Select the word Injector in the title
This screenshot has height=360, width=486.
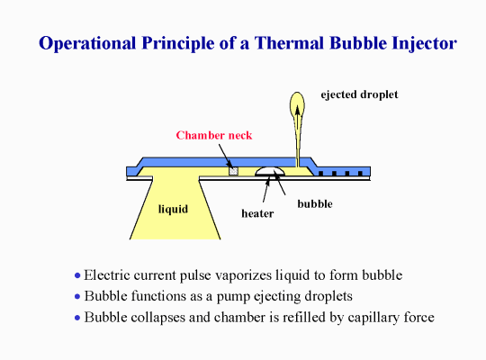coord(424,43)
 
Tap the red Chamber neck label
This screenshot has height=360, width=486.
coord(214,135)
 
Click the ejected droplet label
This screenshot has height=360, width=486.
coord(359,94)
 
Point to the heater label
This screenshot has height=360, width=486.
coord(257,213)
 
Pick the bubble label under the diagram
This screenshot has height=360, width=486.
coord(315,203)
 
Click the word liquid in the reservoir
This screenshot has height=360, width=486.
coord(173,209)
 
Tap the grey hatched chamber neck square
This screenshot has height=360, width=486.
coord(233,171)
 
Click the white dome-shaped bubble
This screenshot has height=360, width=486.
coord(270,171)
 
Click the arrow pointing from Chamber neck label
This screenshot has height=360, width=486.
coord(225,156)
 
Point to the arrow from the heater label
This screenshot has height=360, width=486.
coord(266,190)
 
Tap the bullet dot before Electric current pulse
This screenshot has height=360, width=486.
coord(77,275)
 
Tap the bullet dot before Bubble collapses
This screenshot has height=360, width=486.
coord(77,318)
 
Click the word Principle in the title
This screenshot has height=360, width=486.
coord(178,43)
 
